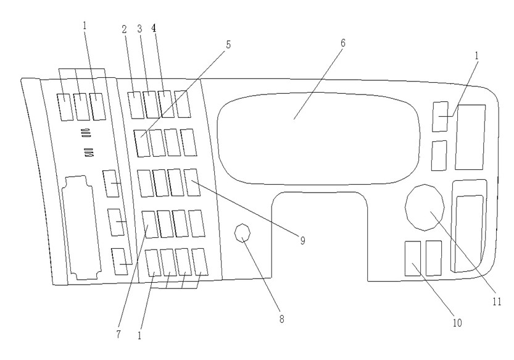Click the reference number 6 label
click(x=343, y=43)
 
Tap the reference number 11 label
click(x=497, y=301)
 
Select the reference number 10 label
click(x=457, y=323)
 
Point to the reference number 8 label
click(x=281, y=319)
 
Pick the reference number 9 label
click(x=302, y=241)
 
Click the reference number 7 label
click(x=118, y=335)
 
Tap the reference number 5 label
click(x=228, y=44)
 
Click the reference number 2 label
click(x=124, y=30)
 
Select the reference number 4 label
click(x=154, y=28)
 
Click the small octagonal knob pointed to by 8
click(x=242, y=233)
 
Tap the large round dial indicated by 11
click(x=425, y=207)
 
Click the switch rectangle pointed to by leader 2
click(x=136, y=105)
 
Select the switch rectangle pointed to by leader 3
click(x=151, y=104)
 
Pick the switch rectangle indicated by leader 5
click(x=142, y=143)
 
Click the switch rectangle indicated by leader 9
click(x=192, y=182)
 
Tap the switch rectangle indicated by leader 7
click(x=150, y=225)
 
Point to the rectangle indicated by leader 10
click(x=413, y=259)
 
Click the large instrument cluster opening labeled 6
click(x=318, y=138)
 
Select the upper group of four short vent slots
click(x=86, y=133)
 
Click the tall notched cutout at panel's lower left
click(x=81, y=228)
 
